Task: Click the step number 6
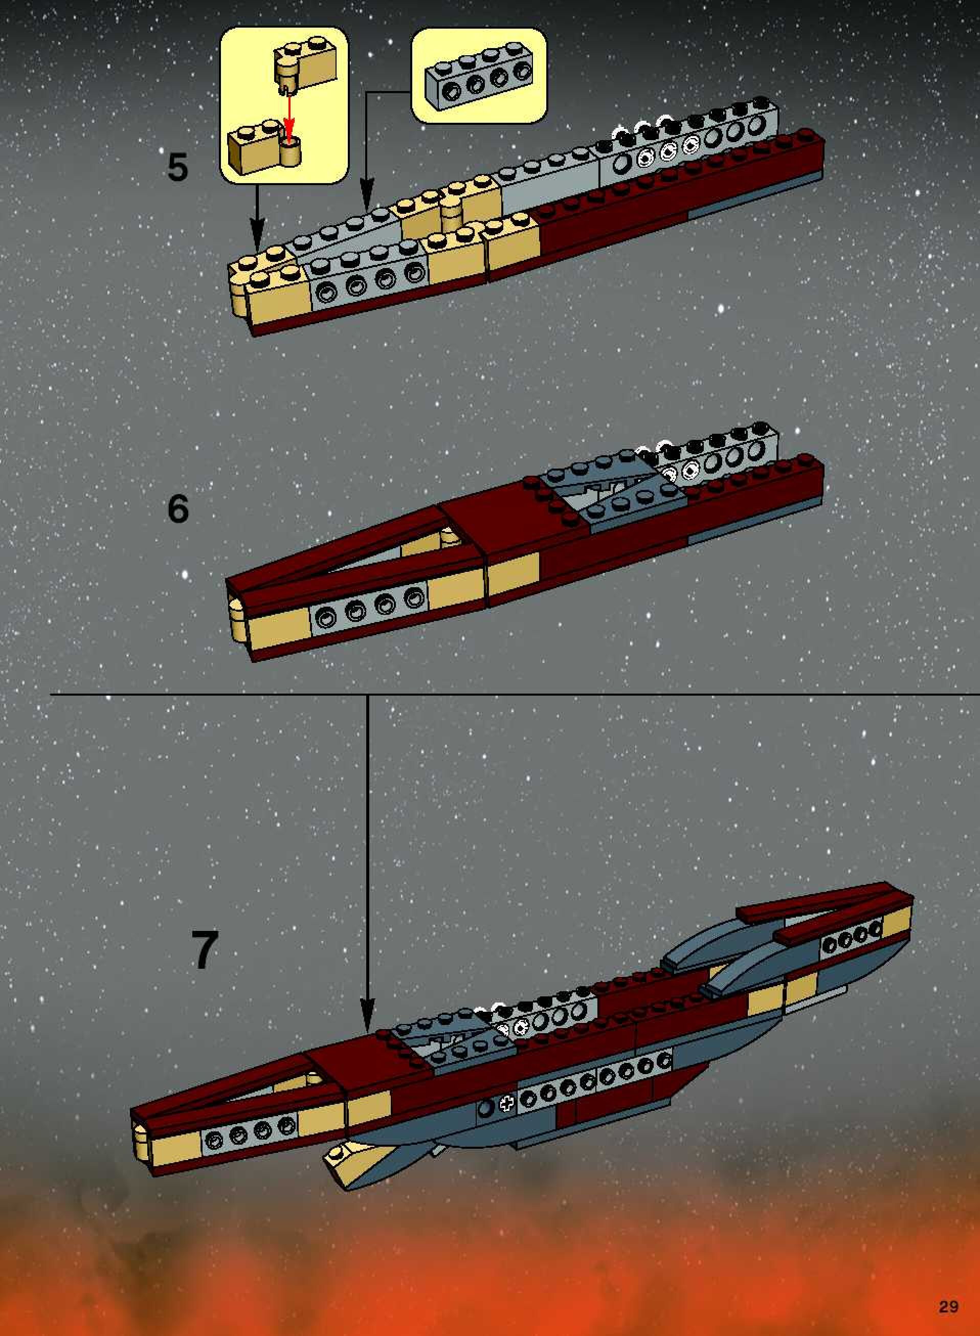[x=178, y=508]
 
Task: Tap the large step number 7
[x=204, y=950]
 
